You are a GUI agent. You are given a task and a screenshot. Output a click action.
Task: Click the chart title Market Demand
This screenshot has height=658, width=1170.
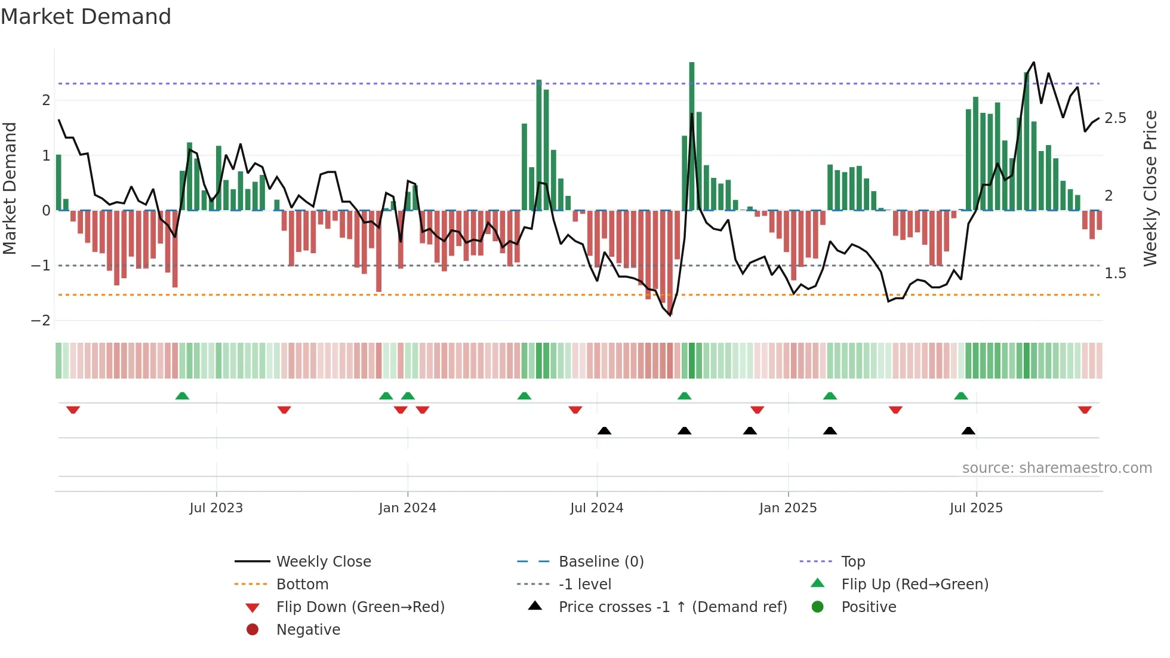coord(86,16)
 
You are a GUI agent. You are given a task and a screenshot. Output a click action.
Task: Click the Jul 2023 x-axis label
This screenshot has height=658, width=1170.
coord(216,508)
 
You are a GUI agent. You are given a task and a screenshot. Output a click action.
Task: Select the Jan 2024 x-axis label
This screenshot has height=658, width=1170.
coord(408,508)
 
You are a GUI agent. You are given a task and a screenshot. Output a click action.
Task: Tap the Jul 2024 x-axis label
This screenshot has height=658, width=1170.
coord(596,508)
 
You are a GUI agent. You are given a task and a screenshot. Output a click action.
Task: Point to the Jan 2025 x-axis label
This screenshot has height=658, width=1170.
coord(788,508)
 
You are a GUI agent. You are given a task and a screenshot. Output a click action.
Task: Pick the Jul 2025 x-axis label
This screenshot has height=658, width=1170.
coord(976,508)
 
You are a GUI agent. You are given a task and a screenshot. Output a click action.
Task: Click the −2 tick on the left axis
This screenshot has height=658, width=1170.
coord(41,321)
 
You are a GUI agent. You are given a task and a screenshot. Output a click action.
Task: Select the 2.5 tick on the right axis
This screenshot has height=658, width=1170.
coord(1115,118)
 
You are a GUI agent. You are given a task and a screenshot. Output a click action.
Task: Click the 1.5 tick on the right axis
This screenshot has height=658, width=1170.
coord(1115,273)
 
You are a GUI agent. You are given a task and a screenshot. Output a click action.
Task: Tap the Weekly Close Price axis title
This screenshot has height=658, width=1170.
coord(1150,188)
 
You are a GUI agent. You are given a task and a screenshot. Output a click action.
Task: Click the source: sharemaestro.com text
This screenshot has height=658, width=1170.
coord(1057,468)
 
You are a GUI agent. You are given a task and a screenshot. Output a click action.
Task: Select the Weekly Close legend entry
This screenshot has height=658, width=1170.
coord(324,562)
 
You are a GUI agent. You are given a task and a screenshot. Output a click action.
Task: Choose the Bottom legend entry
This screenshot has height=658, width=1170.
coord(302,585)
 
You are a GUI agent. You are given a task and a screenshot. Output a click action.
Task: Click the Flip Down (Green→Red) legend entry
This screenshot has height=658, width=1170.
coord(360,607)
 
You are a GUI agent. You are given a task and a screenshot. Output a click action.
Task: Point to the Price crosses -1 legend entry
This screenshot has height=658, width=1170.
coord(672,607)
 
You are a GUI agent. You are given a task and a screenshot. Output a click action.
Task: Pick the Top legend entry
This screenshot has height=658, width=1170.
coord(853,562)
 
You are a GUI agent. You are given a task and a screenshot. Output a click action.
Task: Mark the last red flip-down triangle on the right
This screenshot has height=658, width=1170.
coord(1085,410)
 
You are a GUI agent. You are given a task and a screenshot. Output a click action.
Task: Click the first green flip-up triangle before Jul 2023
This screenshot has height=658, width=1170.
coord(182,396)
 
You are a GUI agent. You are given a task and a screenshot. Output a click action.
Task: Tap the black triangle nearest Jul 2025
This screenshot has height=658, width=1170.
coord(968,431)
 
